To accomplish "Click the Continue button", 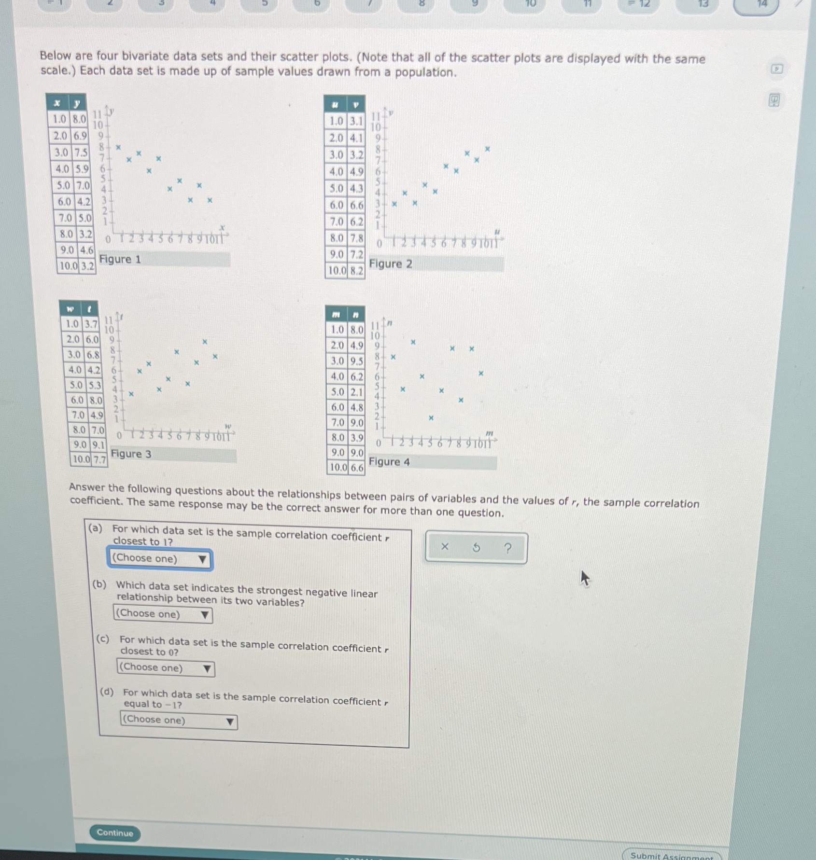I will (x=115, y=832).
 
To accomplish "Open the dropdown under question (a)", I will (x=159, y=559).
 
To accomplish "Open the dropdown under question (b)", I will (x=163, y=614).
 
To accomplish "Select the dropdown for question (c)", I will (x=165, y=668).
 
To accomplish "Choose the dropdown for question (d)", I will (x=178, y=721).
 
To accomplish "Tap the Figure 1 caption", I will (x=120, y=259).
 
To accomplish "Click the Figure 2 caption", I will (x=391, y=264).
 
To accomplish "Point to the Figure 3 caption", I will (x=131, y=454).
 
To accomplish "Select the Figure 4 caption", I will (x=389, y=461).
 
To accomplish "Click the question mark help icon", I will (x=507, y=548).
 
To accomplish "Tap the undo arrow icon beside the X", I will (x=476, y=547).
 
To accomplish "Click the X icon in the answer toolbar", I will (x=445, y=546).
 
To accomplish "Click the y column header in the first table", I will (x=77, y=103).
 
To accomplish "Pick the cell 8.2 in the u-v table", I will (x=356, y=271).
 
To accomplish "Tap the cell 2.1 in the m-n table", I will (x=356, y=392).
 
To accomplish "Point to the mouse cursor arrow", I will (x=585, y=577).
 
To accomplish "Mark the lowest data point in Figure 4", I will (x=431, y=418).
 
